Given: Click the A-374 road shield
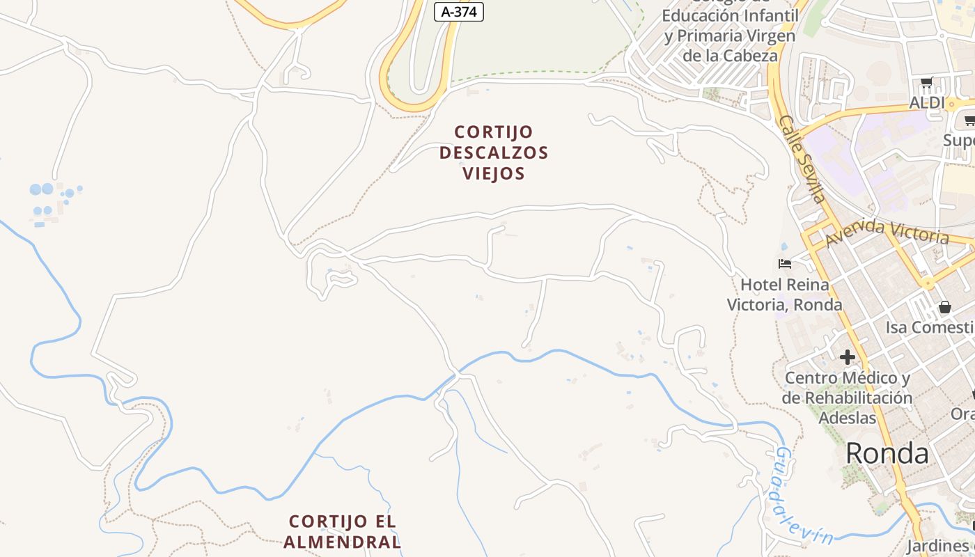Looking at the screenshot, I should [x=458, y=11].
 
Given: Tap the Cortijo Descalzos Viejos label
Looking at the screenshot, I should [x=494, y=152].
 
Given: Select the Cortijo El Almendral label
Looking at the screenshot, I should [x=343, y=531].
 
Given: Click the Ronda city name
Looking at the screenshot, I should [x=887, y=453].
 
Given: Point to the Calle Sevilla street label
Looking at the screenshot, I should [x=802, y=159].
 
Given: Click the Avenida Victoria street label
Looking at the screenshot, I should [x=887, y=232].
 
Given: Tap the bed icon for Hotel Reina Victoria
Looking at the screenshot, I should [x=785, y=263].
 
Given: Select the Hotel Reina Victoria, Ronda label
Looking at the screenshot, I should [x=785, y=295].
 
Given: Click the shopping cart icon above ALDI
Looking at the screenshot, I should [x=926, y=83].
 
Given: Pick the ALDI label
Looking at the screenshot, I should [x=927, y=103].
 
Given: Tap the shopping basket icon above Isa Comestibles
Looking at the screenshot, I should [x=945, y=306].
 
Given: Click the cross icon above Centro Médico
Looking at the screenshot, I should [x=847, y=357].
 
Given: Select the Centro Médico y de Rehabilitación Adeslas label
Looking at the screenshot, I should [x=847, y=398].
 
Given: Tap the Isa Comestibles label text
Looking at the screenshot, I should [x=930, y=327].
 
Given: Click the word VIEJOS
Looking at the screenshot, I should [x=494, y=173].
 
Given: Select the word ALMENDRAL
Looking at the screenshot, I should [x=343, y=542].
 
